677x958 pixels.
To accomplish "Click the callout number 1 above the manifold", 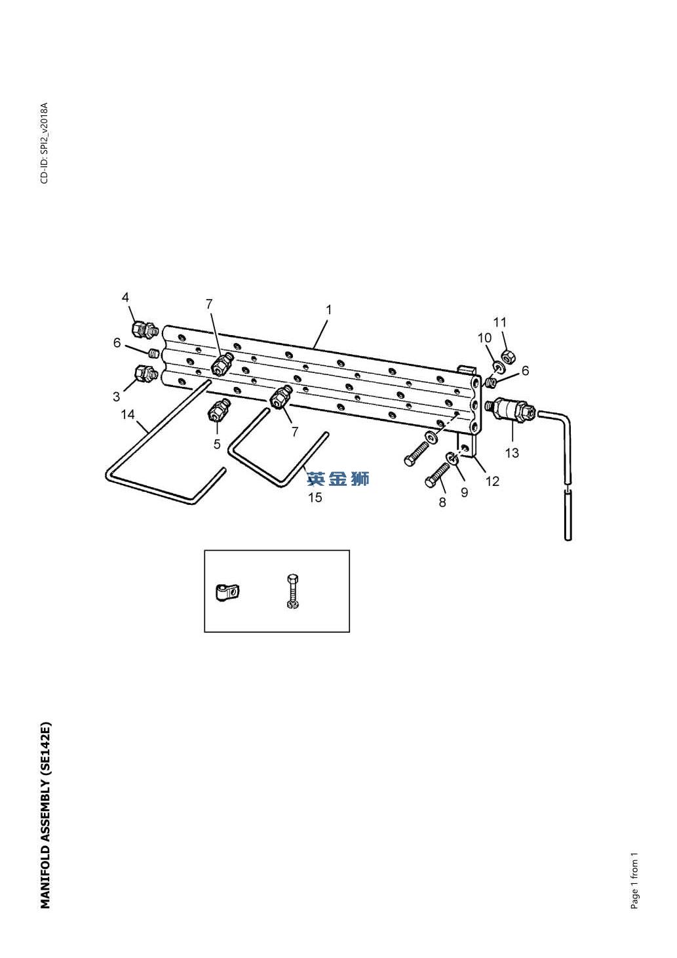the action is point(328,309).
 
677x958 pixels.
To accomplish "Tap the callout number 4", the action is point(125,297).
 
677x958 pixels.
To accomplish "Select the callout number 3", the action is point(116,397).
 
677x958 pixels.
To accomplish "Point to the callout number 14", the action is point(128,414).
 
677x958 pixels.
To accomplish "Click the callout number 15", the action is point(315,498).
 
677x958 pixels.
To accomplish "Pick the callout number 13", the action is point(512,453).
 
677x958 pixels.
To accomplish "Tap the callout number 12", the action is point(492,481).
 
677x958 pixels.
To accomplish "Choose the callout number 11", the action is point(500,322).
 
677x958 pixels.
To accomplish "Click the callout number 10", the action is point(484,338).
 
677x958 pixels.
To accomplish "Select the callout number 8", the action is point(442,502).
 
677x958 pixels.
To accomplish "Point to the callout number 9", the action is point(465,492).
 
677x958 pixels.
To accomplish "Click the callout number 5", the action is point(217,445).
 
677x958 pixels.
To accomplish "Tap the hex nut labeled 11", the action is point(507,356).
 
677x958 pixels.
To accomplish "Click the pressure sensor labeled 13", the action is point(511,410).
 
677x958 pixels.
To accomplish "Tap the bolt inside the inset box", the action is point(293,591).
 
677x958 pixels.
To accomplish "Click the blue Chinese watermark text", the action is point(338,479).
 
